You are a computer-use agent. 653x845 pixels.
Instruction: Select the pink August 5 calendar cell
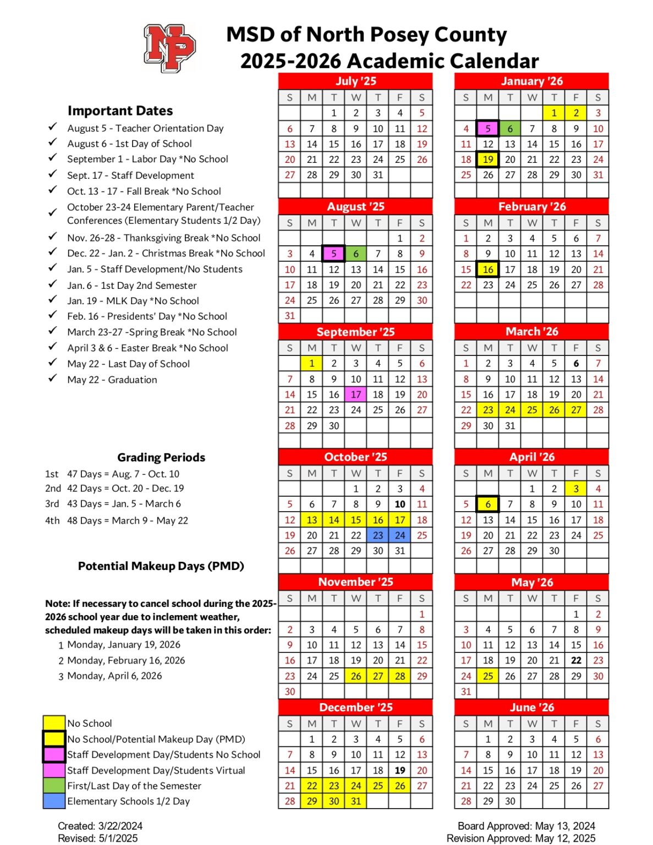click(333, 254)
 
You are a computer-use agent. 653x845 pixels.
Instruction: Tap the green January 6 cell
click(510, 129)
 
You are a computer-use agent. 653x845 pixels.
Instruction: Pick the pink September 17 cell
click(356, 394)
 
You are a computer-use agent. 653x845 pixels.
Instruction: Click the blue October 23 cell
click(378, 535)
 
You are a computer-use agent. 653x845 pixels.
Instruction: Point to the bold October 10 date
click(400, 504)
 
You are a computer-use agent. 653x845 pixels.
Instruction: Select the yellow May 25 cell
click(488, 676)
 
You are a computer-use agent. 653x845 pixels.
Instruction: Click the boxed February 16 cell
click(488, 270)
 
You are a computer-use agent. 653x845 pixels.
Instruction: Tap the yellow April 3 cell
click(576, 489)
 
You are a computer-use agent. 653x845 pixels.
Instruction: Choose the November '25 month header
click(355, 582)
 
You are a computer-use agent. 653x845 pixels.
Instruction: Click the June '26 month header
click(531, 707)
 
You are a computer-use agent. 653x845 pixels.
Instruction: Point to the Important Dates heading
click(120, 111)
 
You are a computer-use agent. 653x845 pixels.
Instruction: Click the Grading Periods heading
click(161, 457)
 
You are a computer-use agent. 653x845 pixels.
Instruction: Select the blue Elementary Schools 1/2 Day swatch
click(54, 801)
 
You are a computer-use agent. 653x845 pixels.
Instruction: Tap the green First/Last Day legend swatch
click(54, 786)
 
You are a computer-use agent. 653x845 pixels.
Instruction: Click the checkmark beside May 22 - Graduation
click(53, 378)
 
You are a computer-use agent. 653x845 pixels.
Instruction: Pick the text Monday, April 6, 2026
click(114, 676)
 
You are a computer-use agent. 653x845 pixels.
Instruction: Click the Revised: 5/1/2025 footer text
click(98, 838)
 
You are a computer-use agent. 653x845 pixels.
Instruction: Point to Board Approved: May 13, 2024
click(526, 826)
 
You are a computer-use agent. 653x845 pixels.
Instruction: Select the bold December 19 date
click(400, 771)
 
